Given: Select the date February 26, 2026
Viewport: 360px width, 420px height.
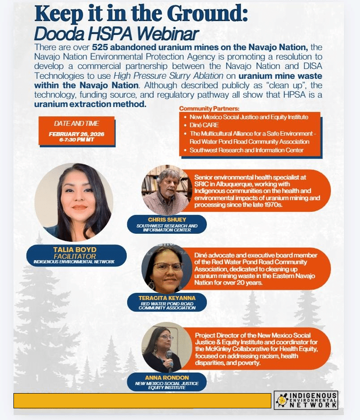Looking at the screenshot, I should tap(76, 133).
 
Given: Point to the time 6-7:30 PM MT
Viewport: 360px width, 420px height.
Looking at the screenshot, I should tap(76, 140).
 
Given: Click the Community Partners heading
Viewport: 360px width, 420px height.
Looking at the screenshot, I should tap(209, 109).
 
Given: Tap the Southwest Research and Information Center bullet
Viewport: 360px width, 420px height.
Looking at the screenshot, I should tap(246, 150).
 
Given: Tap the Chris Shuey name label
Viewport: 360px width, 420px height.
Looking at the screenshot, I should tap(167, 220).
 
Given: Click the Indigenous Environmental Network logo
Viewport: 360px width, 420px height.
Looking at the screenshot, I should tap(306, 400).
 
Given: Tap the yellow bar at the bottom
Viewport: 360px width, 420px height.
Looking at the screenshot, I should tap(142, 401).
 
